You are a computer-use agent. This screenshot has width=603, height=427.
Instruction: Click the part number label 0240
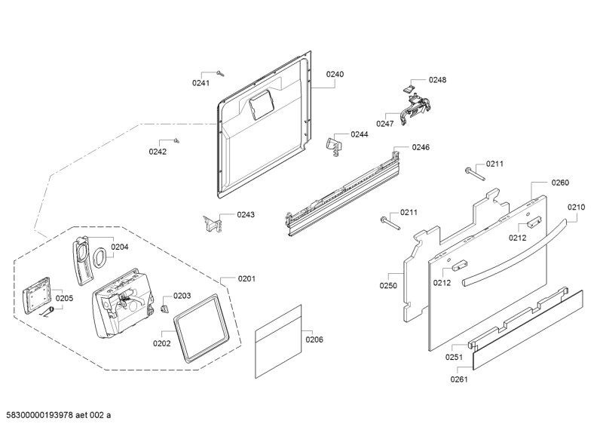[x=335, y=74]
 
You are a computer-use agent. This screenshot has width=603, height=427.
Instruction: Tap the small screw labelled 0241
[x=219, y=72]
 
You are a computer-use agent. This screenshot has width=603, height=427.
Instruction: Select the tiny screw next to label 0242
[x=176, y=140]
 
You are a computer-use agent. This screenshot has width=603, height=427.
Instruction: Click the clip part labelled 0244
[x=334, y=143]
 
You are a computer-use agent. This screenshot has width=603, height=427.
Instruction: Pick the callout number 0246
[x=421, y=147]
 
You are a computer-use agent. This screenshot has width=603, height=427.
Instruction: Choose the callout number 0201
[x=246, y=279]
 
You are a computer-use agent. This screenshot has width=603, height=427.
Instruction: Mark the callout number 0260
[x=560, y=183]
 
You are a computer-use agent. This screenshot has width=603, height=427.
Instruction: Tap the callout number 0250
[x=387, y=285]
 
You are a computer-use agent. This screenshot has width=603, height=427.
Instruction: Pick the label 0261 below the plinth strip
[x=458, y=379]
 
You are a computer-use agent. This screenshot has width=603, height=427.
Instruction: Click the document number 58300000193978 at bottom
[x=46, y=416]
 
